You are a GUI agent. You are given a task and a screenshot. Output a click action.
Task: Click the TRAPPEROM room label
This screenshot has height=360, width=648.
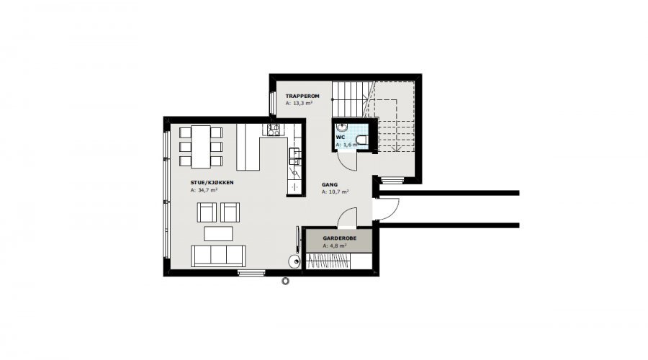tap(302, 96)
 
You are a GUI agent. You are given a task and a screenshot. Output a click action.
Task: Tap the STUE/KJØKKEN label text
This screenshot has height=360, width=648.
tap(212, 183)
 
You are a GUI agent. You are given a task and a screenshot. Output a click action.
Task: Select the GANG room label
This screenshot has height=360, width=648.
tap(330, 185)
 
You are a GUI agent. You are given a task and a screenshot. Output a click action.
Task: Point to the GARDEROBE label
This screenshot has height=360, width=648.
tap(339, 238)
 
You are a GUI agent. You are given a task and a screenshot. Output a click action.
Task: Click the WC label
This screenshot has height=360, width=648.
tap(341, 138)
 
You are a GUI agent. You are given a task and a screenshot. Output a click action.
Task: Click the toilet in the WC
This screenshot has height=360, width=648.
tap(361, 140)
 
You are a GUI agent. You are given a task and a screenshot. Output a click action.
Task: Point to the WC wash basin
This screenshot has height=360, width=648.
tap(342, 126)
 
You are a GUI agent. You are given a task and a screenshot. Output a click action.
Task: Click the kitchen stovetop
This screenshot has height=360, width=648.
tap(273, 130)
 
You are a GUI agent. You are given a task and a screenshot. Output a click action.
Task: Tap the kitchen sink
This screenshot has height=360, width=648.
tap(294, 156)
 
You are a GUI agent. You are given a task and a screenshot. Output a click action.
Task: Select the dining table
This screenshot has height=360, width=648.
tap(201, 147)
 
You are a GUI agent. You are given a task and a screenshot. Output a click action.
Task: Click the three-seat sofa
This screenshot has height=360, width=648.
tap(218, 256)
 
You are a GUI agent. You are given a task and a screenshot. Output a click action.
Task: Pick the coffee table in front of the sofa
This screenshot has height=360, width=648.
tap(218, 233)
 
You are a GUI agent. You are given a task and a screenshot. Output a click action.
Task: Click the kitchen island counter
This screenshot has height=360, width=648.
tap(248, 148)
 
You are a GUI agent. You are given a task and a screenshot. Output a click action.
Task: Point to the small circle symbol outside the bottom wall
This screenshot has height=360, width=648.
tap(285, 282)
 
